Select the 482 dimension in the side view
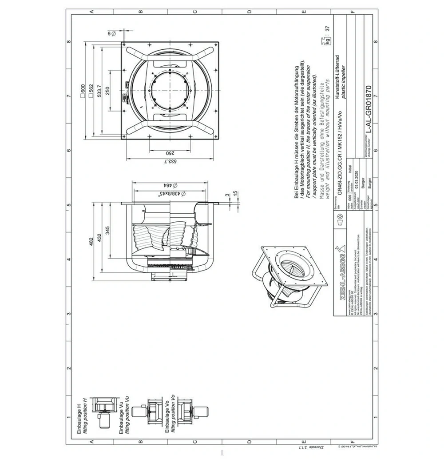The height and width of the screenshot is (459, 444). (91, 239)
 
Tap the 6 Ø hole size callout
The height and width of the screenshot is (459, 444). (111, 33)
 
